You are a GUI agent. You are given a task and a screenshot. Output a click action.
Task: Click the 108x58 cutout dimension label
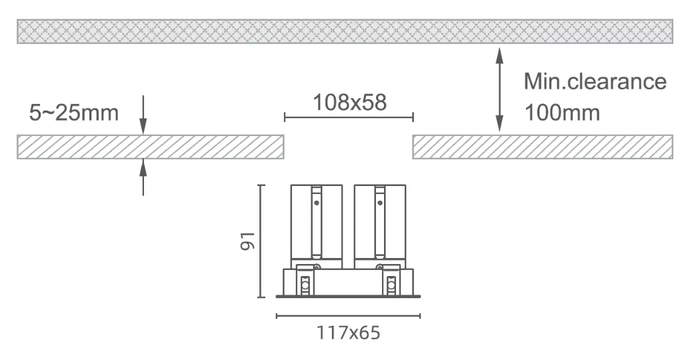pos(350,103)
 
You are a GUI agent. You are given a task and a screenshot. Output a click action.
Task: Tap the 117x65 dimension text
pos(349,333)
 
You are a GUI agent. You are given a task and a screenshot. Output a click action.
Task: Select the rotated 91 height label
pos(247,241)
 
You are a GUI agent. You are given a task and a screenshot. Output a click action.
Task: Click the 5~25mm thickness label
pos(74,113)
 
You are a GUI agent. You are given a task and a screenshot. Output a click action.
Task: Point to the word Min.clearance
pos(595,81)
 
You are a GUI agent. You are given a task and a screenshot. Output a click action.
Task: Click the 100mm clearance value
pos(562,113)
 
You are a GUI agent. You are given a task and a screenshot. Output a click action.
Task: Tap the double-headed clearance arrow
pos(500,89)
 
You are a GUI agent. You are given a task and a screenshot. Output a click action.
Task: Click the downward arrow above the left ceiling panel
pos(143,115)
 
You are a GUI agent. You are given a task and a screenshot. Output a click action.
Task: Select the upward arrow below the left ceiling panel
pos(143,177)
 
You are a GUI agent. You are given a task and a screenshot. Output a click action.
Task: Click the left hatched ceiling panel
pos(151,147)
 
